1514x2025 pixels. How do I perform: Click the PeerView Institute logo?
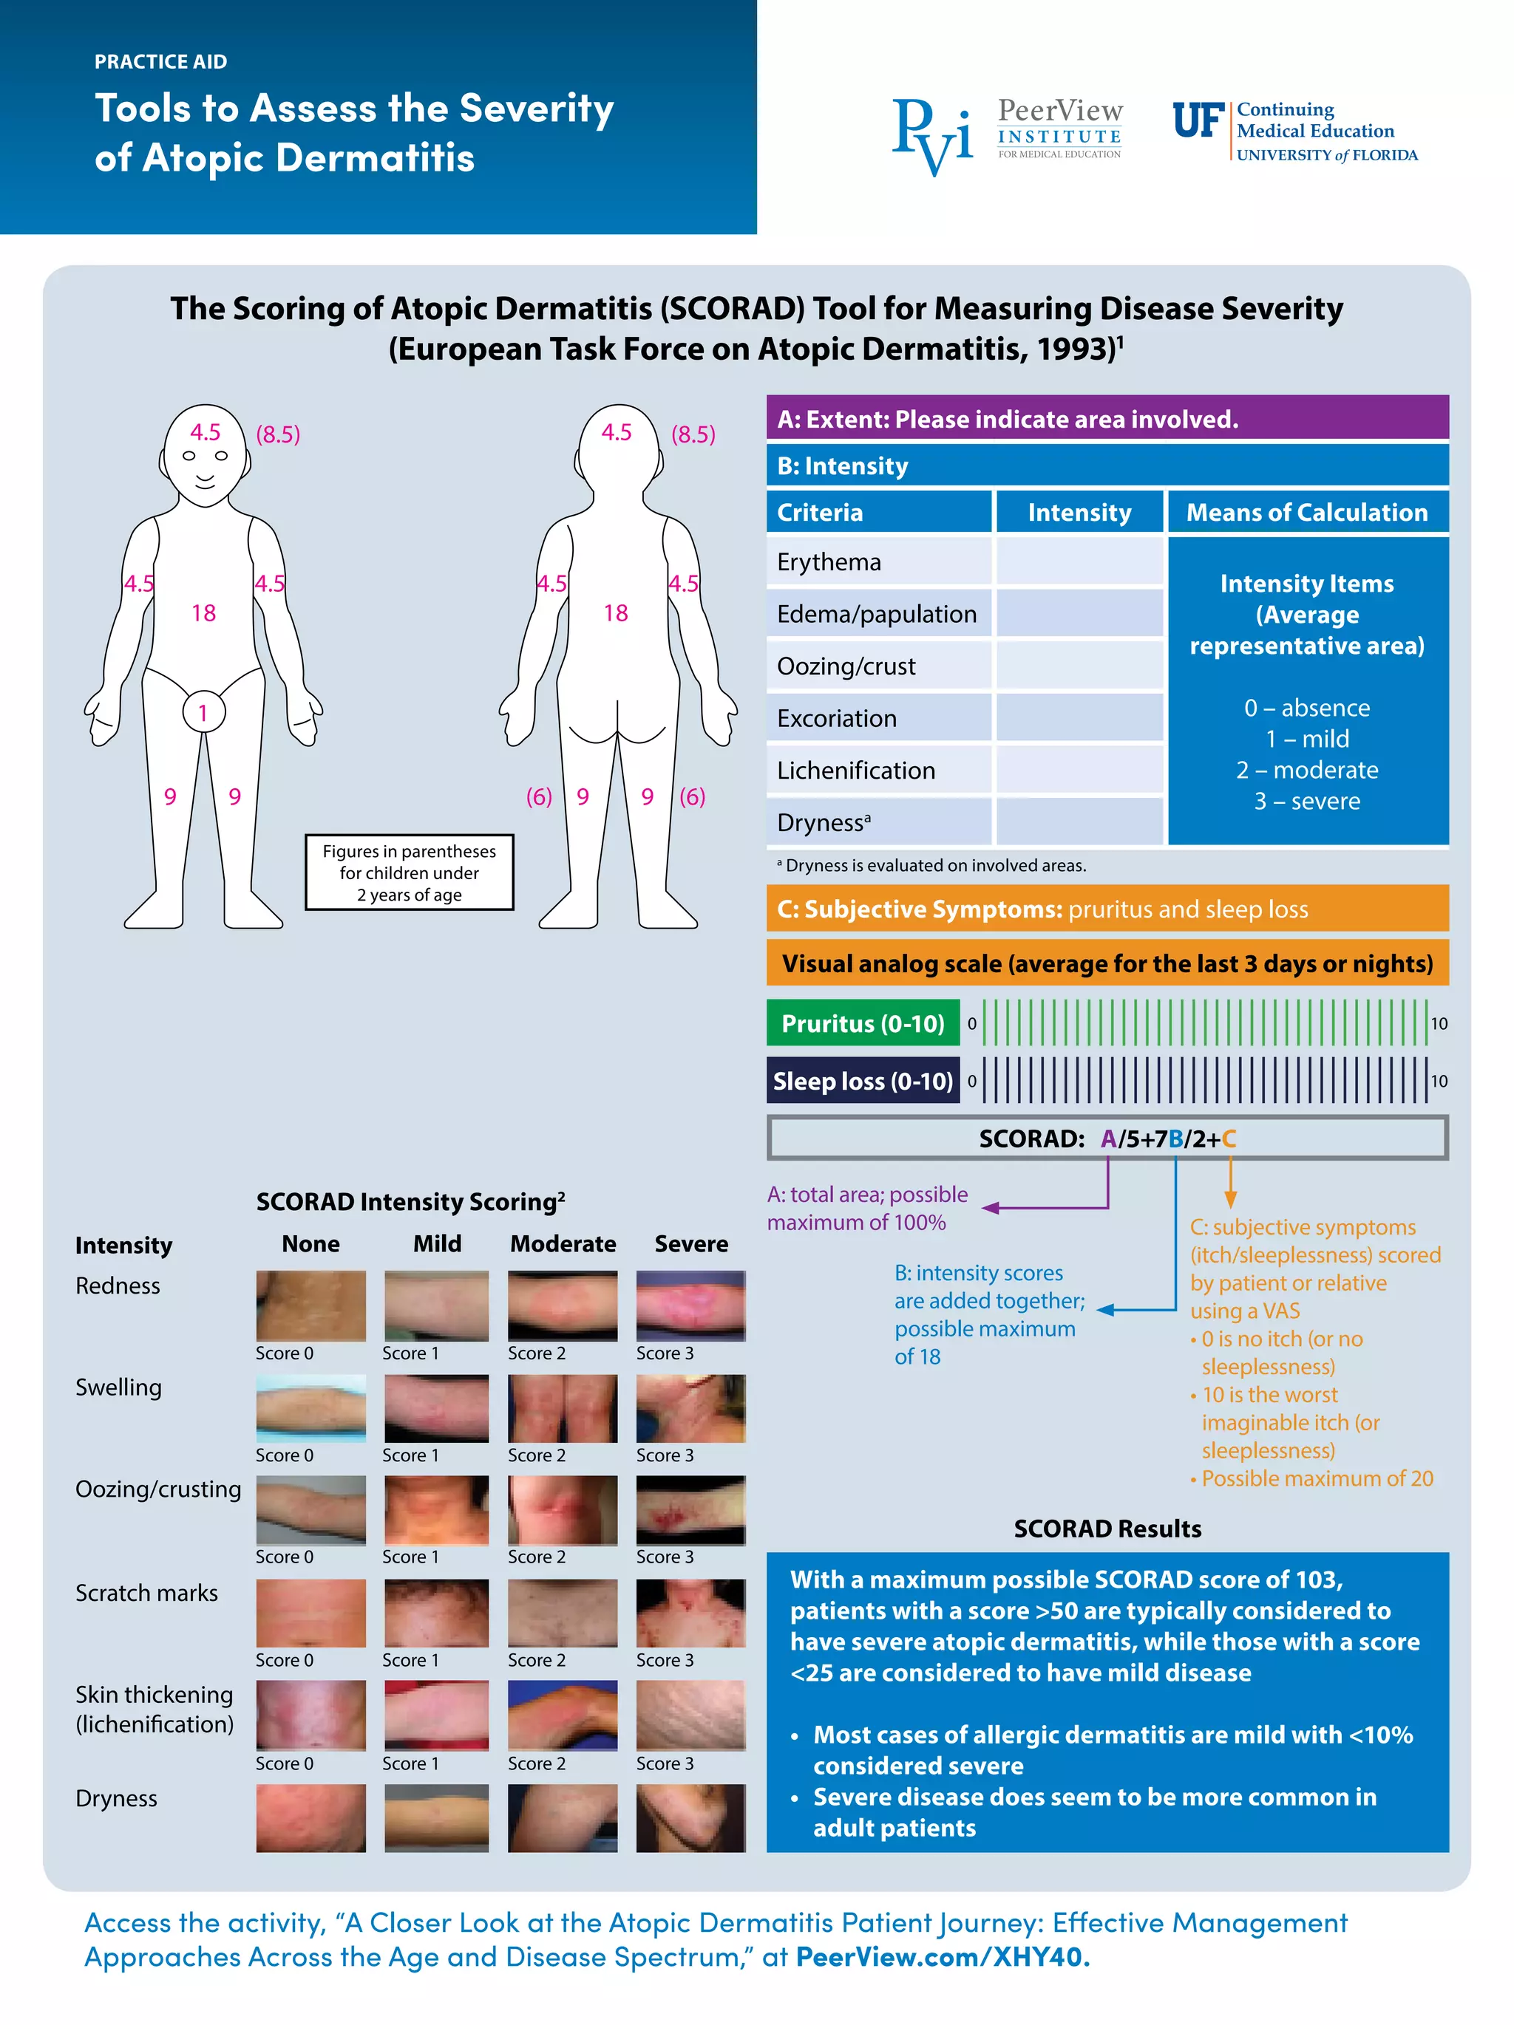click(1007, 134)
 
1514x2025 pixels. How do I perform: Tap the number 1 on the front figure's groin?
click(203, 712)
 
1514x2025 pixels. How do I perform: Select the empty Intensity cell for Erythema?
click(1078, 561)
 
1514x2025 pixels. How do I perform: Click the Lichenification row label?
click(855, 770)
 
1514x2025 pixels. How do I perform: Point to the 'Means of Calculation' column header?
click(1306, 512)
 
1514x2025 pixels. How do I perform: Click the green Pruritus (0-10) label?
click(862, 1022)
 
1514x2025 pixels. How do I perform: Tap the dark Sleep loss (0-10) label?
click(862, 1080)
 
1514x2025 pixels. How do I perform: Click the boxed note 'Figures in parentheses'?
click(409, 872)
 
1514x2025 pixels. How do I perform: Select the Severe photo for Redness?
click(690, 1305)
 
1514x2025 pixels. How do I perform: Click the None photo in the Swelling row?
click(310, 1407)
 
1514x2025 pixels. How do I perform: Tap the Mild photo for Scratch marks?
click(436, 1612)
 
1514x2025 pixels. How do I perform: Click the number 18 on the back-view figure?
click(616, 612)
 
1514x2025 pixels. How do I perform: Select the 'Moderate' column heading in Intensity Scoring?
click(563, 1243)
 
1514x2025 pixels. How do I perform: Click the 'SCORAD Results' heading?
click(1107, 1528)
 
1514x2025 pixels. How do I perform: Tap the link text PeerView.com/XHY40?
click(942, 1956)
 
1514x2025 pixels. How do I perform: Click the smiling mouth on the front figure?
click(204, 478)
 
